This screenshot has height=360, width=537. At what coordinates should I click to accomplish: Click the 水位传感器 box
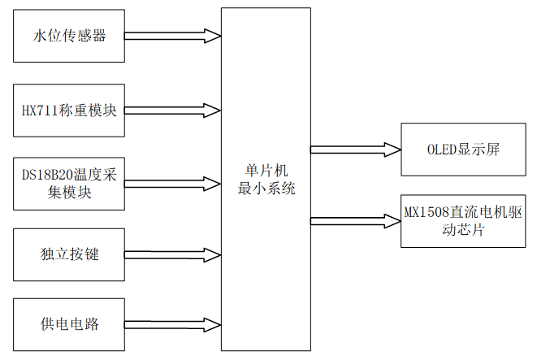pos(70,36)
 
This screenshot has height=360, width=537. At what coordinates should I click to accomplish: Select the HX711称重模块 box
pos(70,110)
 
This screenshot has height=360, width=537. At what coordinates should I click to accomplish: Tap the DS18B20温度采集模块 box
pos(70,183)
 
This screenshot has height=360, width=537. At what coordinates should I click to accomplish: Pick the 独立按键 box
pos(70,254)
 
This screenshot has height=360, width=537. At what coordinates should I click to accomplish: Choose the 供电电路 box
pos(70,324)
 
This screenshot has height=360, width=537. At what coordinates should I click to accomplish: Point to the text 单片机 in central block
pos(266,171)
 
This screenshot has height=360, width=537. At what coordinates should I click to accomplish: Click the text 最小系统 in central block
pos(266,189)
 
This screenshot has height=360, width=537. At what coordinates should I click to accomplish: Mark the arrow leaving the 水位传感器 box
pos(173,36)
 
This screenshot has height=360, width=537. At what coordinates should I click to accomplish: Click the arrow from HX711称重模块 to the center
pos(173,110)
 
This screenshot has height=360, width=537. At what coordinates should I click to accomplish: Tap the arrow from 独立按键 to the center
pos(173,254)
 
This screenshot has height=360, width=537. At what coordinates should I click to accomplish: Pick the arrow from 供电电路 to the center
pos(173,324)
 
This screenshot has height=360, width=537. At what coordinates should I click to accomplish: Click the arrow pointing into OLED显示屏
pos(355,150)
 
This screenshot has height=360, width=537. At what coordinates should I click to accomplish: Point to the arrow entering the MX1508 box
pos(355,220)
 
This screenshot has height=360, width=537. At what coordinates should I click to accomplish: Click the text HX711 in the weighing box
pos(40,110)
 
